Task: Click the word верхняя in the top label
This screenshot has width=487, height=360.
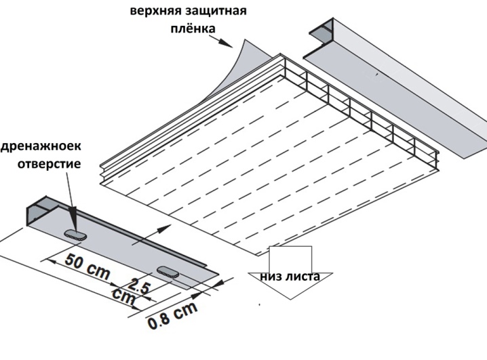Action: tap(156, 11)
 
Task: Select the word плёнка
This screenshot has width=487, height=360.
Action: tap(193, 28)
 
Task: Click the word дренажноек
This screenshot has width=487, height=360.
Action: tap(41, 146)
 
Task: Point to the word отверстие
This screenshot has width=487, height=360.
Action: tap(49, 163)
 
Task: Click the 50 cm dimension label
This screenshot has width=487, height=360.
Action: tap(87, 266)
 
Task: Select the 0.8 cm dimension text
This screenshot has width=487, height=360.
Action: tap(172, 315)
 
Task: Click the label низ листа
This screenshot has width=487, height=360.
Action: tap(290, 276)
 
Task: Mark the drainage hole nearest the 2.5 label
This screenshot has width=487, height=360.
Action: tap(168, 271)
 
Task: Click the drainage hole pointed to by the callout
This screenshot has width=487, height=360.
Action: tap(75, 235)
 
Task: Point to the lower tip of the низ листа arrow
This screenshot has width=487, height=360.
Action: tap(291, 299)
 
